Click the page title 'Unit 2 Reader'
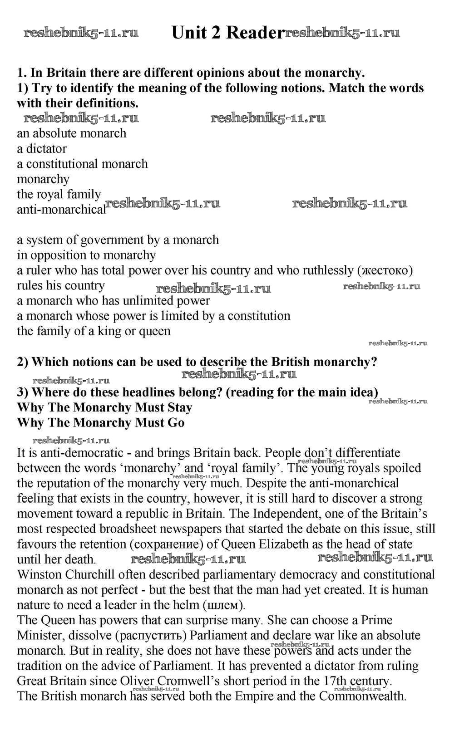pyautogui.click(x=227, y=33)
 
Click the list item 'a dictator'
pyautogui.click(x=42, y=149)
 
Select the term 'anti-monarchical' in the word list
pyautogui.click(x=61, y=210)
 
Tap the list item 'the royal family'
pyautogui.click(x=59, y=194)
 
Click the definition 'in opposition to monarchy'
pyautogui.click(x=86, y=255)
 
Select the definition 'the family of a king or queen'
pyautogui.click(x=94, y=331)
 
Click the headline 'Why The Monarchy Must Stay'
pyautogui.click(x=104, y=407)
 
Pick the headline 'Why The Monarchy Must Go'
pyautogui.click(x=101, y=423)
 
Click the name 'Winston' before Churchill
pyautogui.click(x=39, y=575)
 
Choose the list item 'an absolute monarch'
pyautogui.click(x=72, y=133)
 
